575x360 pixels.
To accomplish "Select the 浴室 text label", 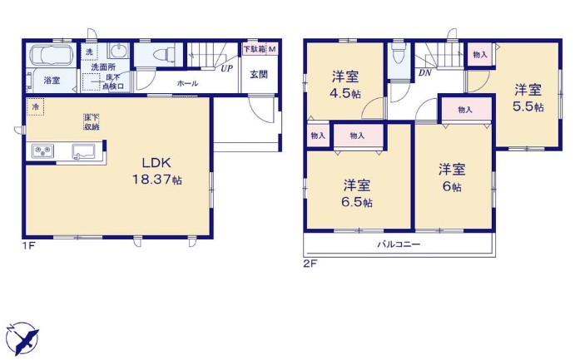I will click(x=52, y=81).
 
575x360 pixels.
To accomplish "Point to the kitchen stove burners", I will click(x=42, y=150).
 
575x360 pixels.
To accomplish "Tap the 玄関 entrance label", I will click(x=258, y=74).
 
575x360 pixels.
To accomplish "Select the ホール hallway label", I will click(x=186, y=82).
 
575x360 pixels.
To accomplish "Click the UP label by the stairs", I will click(x=226, y=68).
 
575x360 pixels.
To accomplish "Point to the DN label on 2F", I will click(x=424, y=73).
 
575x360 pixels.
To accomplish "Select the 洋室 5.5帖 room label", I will click(x=528, y=98).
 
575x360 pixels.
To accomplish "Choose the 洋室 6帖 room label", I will click(x=452, y=177).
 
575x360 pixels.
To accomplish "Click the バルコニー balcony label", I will click(x=399, y=244).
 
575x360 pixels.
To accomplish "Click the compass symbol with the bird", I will click(x=23, y=337).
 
